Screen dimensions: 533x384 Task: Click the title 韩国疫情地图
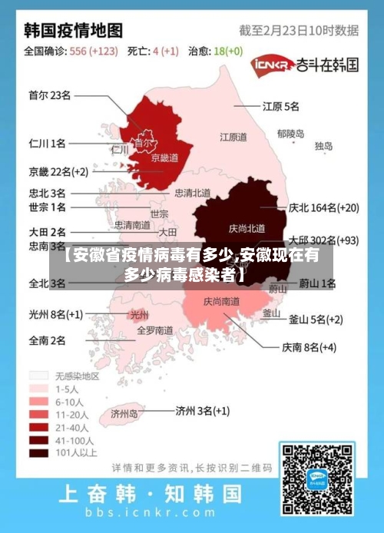click(x=74, y=30)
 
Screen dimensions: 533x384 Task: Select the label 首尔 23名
click(x=49, y=95)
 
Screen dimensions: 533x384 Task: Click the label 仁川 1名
click(x=47, y=143)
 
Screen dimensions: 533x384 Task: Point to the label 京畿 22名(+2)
click(x=58, y=170)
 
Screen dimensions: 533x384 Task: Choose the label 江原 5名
click(x=281, y=105)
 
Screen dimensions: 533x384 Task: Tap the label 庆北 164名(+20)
click(x=323, y=207)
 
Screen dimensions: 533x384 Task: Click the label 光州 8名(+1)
click(x=55, y=313)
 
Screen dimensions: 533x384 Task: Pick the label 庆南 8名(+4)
click(x=309, y=347)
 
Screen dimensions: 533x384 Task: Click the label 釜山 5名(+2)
click(x=315, y=319)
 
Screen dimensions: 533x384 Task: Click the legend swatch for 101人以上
click(x=38, y=453)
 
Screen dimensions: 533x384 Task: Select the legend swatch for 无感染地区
click(x=38, y=376)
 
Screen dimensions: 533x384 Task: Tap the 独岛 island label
click(x=323, y=145)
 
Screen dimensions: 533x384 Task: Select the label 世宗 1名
click(x=47, y=207)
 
